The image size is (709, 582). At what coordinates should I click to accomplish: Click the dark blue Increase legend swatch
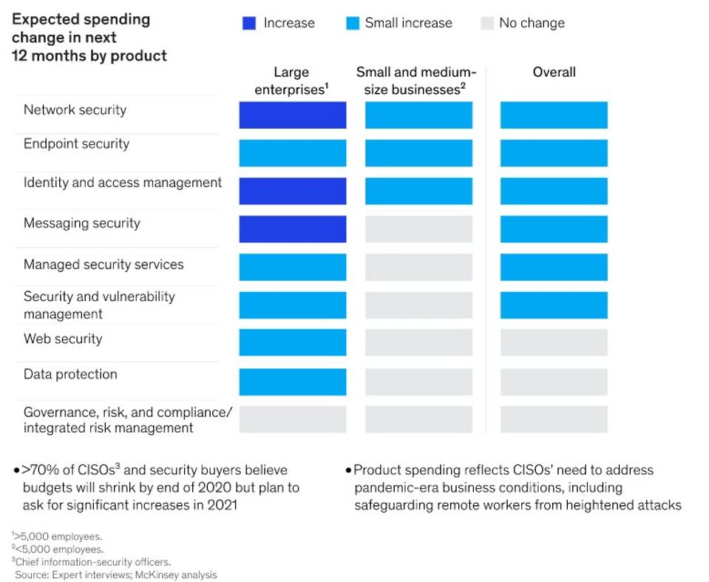[248, 24]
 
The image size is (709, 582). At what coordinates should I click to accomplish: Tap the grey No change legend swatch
[486, 24]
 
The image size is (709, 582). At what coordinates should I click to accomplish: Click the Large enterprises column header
[291, 81]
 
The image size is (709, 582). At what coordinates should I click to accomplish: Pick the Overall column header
[554, 72]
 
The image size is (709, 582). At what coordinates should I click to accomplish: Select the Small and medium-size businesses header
[416, 81]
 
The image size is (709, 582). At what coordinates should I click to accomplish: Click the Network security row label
[75, 110]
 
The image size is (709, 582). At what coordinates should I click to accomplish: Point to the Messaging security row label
[81, 223]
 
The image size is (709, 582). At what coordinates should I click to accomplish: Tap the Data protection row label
[70, 374]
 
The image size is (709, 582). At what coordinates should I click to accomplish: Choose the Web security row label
[63, 339]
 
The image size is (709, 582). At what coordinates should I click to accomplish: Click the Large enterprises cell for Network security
[292, 115]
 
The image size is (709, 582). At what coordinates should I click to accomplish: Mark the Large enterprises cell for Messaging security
[292, 229]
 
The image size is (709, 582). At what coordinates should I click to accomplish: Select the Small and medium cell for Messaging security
[418, 229]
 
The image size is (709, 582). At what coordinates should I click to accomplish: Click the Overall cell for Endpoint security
[554, 153]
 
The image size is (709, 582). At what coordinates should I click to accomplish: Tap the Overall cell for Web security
[554, 342]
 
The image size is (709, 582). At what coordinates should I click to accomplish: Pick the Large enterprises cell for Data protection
[292, 382]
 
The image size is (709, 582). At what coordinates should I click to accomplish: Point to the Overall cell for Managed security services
[554, 267]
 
